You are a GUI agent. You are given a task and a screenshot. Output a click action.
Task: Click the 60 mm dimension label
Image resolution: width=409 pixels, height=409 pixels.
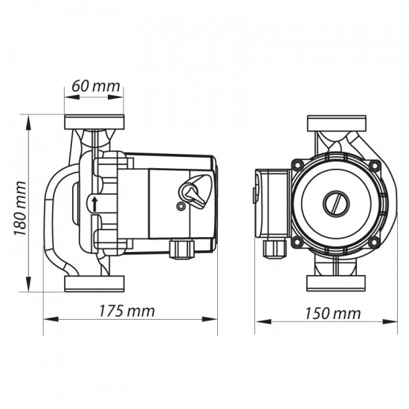click(x=96, y=86)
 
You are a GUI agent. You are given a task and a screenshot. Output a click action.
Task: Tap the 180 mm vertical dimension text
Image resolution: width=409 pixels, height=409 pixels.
click(x=20, y=208)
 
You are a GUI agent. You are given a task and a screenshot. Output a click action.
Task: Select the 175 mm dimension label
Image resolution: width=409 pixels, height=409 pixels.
click(x=126, y=311)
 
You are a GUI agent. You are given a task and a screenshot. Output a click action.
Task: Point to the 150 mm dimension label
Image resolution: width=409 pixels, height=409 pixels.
click(x=333, y=314)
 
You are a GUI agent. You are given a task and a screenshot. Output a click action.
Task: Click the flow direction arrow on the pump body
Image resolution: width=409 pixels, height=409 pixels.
click(x=95, y=204)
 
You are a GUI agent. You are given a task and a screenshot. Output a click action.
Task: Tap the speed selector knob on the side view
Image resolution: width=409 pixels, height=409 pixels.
click(x=194, y=192)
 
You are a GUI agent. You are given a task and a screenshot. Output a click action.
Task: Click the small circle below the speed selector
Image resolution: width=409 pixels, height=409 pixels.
click(x=180, y=206)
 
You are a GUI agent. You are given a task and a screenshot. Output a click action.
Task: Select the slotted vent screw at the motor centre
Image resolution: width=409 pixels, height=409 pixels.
click(x=336, y=204)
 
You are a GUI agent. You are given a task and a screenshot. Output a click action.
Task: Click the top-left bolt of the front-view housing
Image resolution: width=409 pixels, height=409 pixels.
click(x=297, y=164)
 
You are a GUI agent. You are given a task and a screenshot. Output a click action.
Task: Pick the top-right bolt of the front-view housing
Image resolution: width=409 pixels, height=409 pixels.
click(x=375, y=165)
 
